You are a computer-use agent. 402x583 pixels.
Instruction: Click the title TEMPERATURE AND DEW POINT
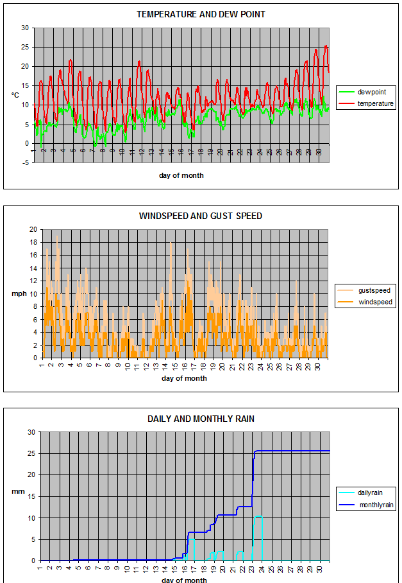coord(201,14)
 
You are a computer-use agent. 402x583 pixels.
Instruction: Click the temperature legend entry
coord(375,103)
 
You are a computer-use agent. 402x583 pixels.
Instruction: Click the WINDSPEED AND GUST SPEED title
coord(201,216)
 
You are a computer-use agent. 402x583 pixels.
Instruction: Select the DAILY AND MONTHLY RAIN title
coord(201,419)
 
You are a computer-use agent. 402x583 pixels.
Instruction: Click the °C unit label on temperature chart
coord(15,94)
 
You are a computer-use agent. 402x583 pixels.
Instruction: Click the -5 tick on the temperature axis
coord(24,162)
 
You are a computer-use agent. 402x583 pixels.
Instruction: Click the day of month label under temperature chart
coord(181,175)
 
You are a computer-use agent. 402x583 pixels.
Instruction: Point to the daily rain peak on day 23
coord(258,516)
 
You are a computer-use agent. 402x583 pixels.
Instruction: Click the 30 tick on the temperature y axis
coord(25,28)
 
